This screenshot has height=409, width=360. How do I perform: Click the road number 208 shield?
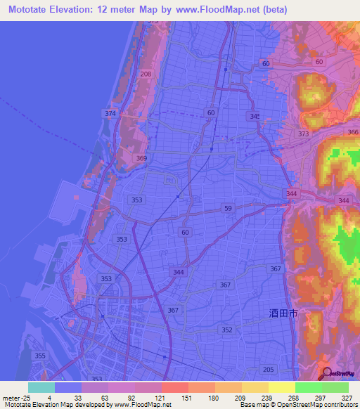pos(146,74)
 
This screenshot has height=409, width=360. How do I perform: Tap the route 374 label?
pos(110,114)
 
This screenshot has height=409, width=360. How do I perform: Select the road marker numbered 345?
pos(255,116)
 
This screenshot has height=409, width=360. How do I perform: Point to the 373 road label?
pos(303,134)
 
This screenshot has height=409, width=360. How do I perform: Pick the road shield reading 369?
pos(141,159)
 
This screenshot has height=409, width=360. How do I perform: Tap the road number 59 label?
pos(228,209)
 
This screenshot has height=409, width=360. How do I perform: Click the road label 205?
pos(267,370)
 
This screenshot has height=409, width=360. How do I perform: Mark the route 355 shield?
pos(40,356)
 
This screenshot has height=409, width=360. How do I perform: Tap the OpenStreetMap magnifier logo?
pos(328,375)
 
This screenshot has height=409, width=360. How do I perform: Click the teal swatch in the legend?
pos(41,387)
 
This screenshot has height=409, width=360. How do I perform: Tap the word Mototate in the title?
pos(27,9)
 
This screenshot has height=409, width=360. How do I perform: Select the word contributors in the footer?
pos(338,405)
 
